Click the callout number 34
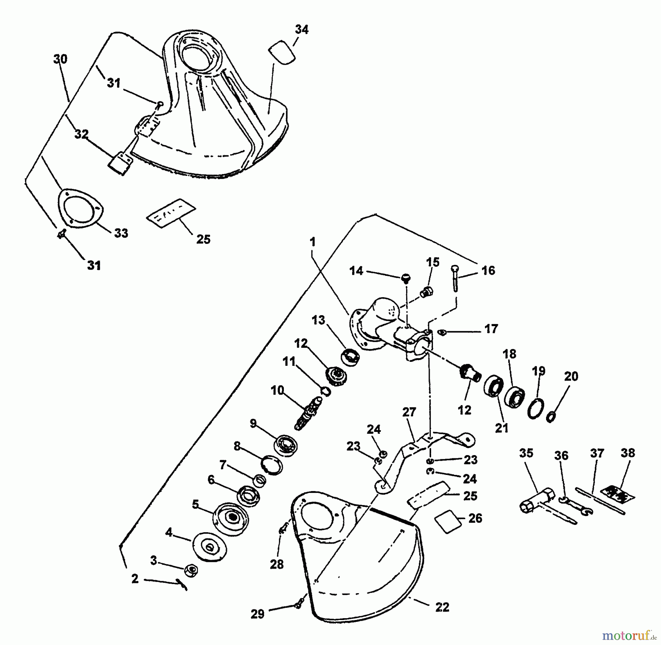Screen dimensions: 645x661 [x=301, y=29]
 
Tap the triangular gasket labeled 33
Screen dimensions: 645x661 [x=80, y=208]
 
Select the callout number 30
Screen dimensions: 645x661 [x=60, y=59]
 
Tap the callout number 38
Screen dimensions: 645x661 [x=628, y=453]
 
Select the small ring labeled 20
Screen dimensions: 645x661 [x=551, y=417]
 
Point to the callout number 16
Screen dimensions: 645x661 [x=488, y=271]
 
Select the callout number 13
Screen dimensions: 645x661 [x=318, y=320]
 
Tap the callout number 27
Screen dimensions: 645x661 [x=409, y=412]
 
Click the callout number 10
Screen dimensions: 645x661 [x=278, y=390]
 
